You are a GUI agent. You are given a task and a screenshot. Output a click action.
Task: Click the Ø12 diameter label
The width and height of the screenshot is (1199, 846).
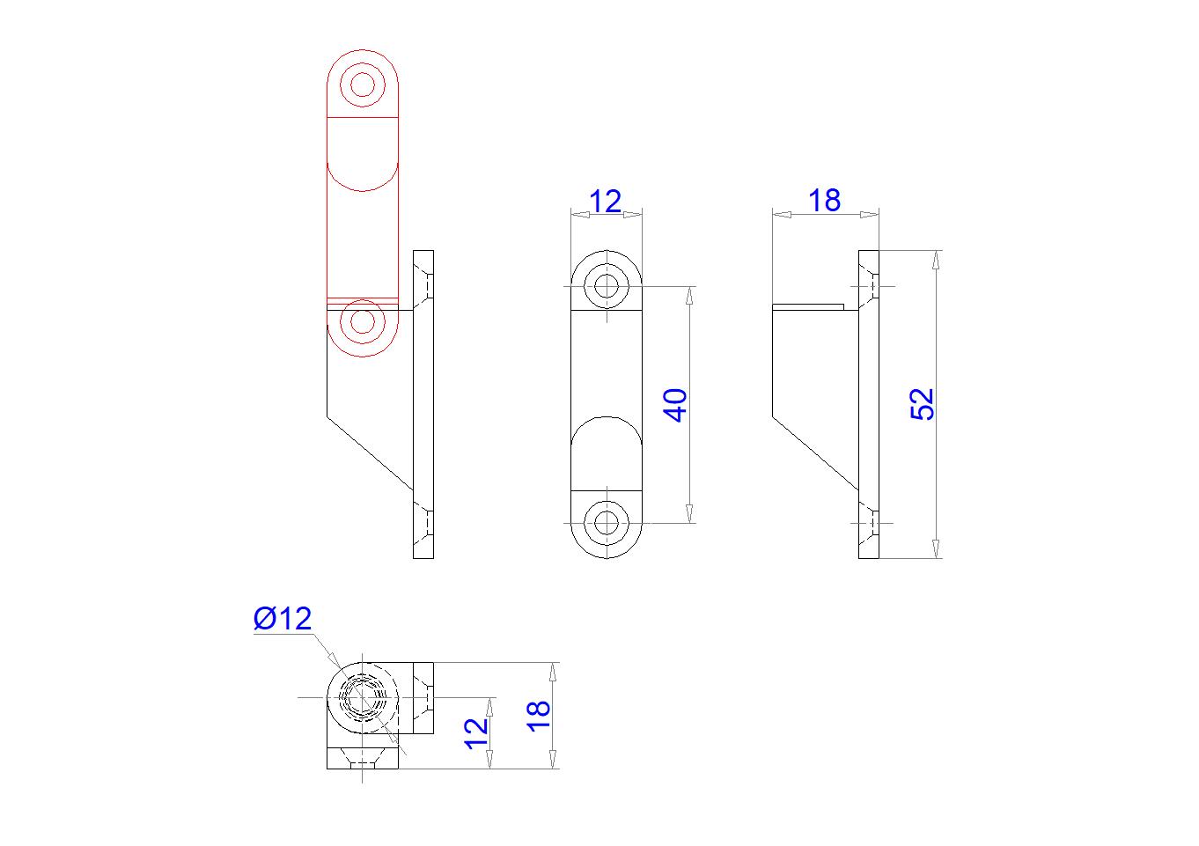coord(283,619)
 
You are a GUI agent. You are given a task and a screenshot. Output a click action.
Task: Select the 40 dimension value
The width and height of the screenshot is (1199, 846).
coord(675,404)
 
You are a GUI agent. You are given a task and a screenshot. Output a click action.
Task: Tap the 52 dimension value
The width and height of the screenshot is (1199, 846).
coord(922,404)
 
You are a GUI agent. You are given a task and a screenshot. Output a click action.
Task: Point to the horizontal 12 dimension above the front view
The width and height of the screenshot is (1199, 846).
coord(606,202)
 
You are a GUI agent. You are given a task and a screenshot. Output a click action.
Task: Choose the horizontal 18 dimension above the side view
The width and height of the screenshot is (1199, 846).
coord(825,201)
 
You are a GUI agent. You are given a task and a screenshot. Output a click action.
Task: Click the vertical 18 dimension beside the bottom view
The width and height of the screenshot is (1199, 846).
coord(538,713)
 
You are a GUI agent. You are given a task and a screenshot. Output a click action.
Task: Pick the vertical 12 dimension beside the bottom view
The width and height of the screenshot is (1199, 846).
coord(474,732)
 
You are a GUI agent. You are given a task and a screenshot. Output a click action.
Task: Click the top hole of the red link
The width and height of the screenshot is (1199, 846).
coord(363,85)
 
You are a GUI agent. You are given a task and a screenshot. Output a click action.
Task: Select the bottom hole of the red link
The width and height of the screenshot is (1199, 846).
coord(363,321)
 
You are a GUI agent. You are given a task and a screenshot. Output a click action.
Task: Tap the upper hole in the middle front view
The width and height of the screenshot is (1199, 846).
coord(607,286)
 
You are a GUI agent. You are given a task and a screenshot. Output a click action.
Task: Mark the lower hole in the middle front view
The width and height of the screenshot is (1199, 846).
coord(607,522)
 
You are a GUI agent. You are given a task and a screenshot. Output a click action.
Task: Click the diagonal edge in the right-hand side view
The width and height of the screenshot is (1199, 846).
coord(815,453)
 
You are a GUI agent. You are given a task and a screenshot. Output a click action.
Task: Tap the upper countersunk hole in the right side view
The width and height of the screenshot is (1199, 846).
coord(870,286)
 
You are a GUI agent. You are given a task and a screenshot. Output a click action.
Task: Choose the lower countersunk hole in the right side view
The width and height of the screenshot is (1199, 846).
coord(870,522)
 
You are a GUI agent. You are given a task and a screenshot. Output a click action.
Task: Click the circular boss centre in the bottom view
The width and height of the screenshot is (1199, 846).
coord(363,697)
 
